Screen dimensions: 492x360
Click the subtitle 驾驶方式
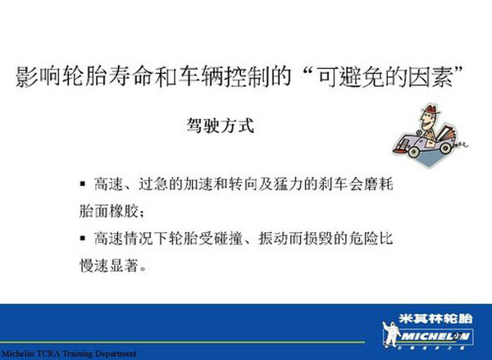coord(221,125)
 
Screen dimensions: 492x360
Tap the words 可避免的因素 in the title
coord(385,76)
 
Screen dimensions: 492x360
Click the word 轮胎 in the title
coord(84,76)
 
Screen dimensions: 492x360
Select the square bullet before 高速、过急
coord(83,184)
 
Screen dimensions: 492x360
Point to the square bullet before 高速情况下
coord(83,238)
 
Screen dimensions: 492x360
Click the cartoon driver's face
coord(427,121)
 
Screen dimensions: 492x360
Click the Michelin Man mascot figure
coord(391,333)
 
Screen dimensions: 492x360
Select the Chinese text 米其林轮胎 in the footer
coord(436,319)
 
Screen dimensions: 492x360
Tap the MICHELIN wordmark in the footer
coord(435,337)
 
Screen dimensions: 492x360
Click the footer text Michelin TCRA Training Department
coord(69,353)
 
